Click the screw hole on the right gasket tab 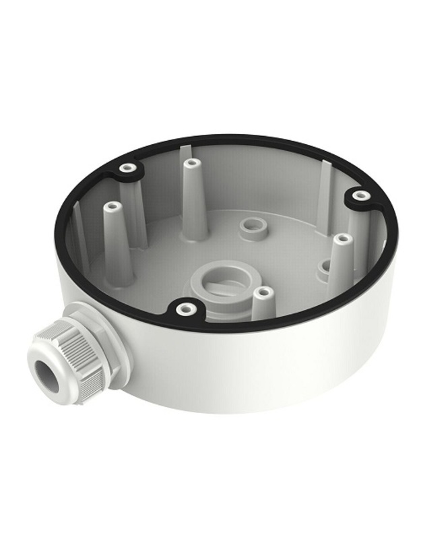(x=362, y=196)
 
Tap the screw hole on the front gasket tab (x=184, y=310)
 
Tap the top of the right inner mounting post (x=342, y=239)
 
